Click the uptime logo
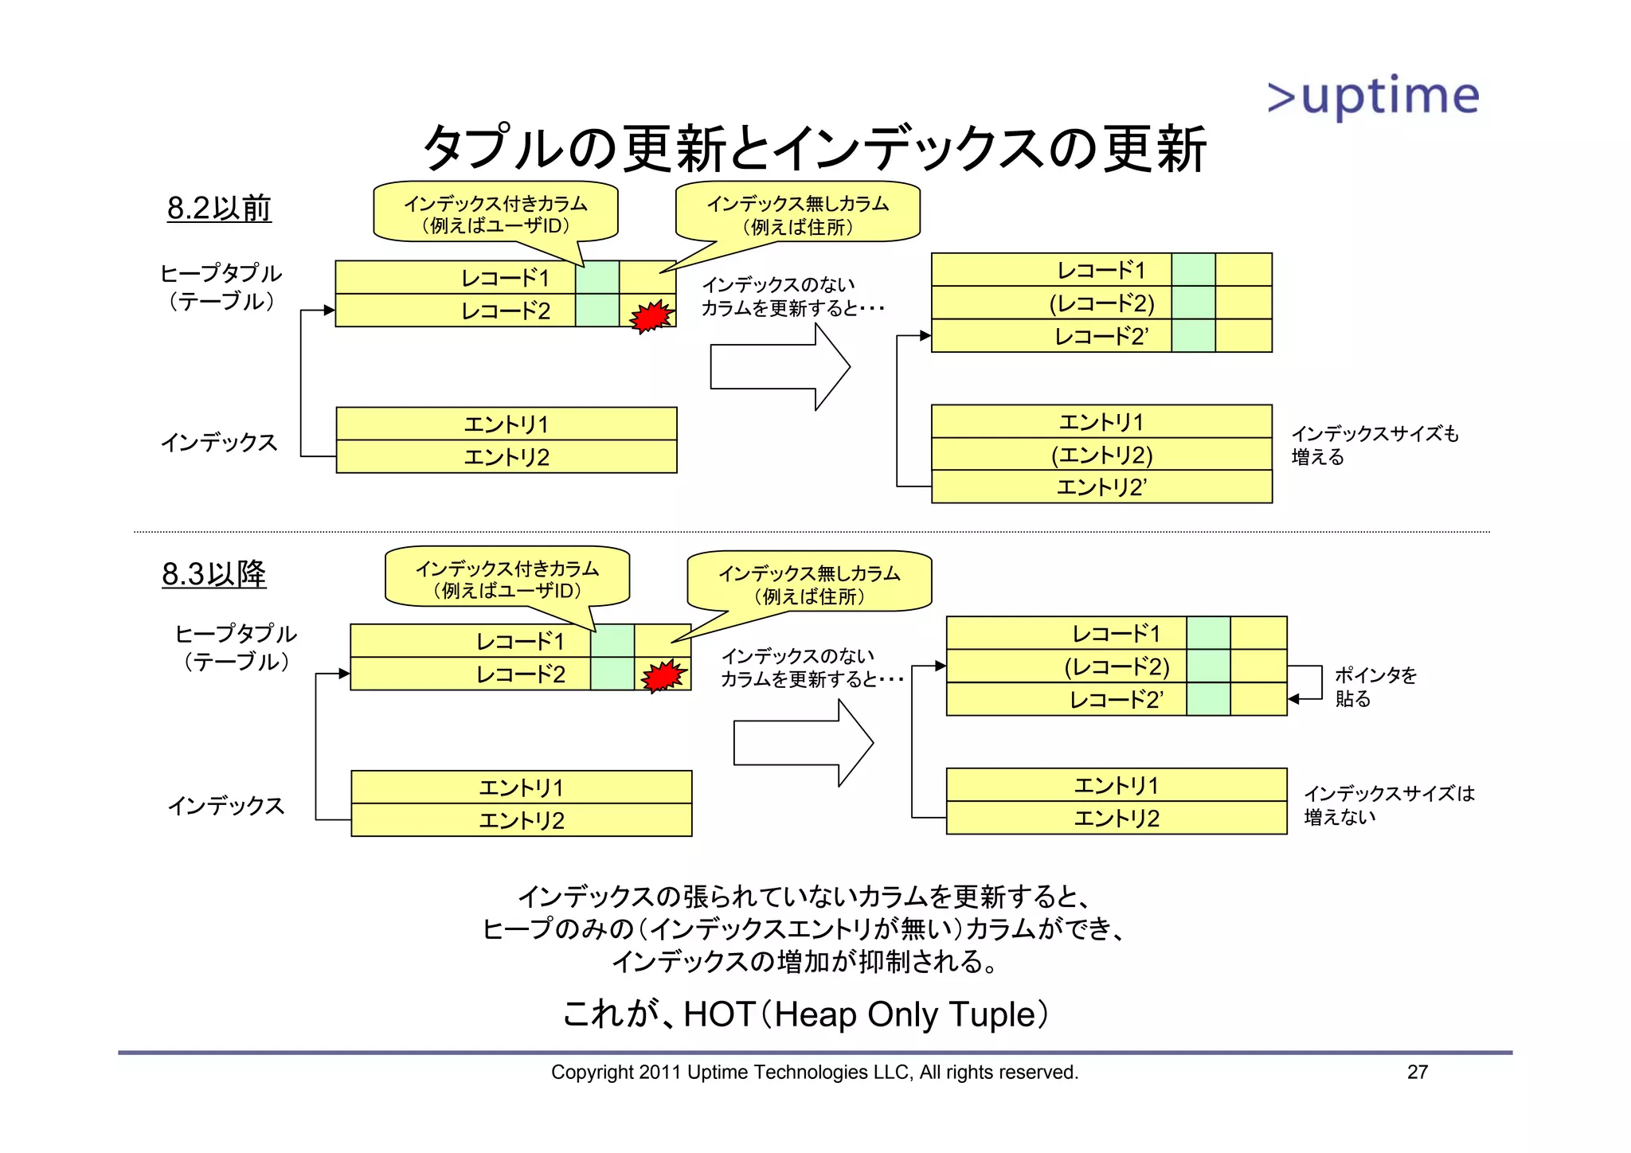point(1373,97)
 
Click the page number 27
point(1417,1072)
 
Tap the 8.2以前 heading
point(219,208)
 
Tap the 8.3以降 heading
point(213,573)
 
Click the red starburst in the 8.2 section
point(651,316)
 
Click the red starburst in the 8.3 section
point(663,676)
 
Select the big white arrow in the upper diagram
point(779,367)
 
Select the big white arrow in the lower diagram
point(802,743)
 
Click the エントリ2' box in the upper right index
point(1101,487)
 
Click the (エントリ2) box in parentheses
point(1101,455)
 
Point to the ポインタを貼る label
point(1375,686)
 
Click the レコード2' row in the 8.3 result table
point(1116,700)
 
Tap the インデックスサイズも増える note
point(1374,445)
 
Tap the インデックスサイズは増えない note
point(1388,805)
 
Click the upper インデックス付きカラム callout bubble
point(495,213)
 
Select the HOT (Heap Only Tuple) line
point(805,1014)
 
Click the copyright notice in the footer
point(814,1073)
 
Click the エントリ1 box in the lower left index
point(521,788)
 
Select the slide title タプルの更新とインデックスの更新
point(814,149)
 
